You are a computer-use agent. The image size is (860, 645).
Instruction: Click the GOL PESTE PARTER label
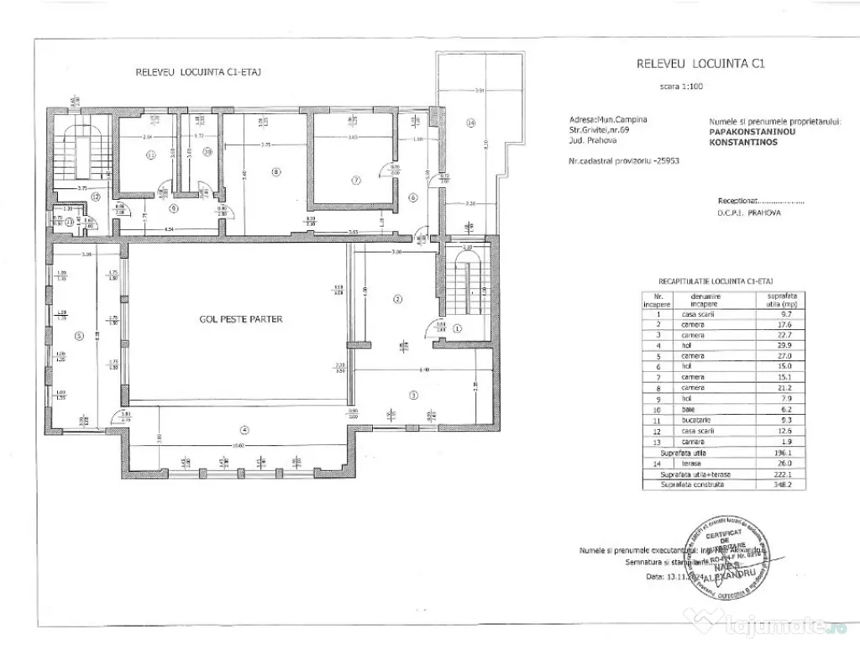click(x=240, y=319)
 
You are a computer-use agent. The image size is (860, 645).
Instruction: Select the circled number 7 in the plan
click(x=355, y=180)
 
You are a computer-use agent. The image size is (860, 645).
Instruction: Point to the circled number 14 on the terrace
click(x=471, y=123)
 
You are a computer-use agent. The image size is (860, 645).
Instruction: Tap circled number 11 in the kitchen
click(x=151, y=155)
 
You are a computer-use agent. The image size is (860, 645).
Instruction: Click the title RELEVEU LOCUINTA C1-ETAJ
click(x=199, y=72)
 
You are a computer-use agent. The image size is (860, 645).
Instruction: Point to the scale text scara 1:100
click(x=682, y=87)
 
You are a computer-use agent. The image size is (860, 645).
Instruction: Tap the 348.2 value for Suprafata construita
click(x=770, y=485)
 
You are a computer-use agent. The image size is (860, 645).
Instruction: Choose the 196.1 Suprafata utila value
click(x=770, y=453)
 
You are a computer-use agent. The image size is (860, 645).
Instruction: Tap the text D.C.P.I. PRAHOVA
click(x=748, y=213)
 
